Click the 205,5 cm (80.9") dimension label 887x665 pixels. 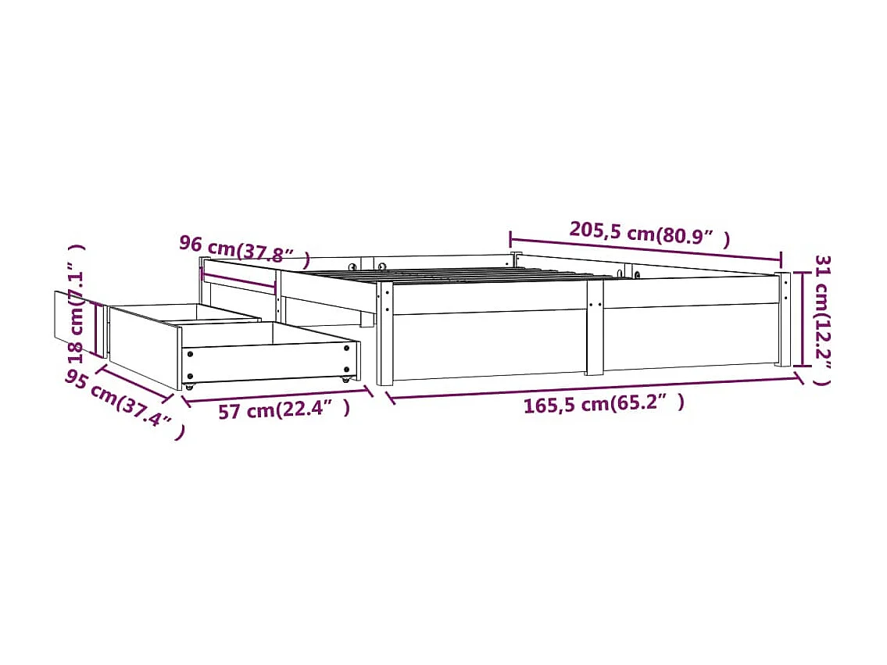(x=649, y=233)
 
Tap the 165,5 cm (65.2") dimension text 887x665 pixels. (x=603, y=404)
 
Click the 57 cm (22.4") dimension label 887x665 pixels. (x=283, y=409)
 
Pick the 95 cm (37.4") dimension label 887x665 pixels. (x=124, y=403)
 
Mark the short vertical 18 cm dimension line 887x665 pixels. (x=99, y=329)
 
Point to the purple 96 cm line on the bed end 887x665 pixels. (x=239, y=279)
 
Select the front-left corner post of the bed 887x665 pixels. (x=384, y=334)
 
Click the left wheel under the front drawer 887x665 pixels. (x=188, y=386)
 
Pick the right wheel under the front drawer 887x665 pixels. (x=345, y=379)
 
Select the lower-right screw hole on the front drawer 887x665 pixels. (x=347, y=369)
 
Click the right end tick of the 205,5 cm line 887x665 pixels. (x=781, y=259)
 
